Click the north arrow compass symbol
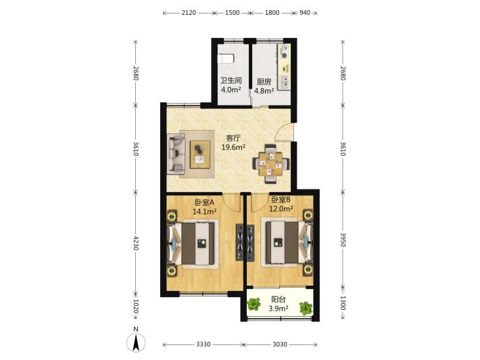136,342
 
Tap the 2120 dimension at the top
189,13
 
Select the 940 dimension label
305,13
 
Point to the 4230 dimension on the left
136,243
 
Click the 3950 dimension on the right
343,240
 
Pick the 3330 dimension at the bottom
203,344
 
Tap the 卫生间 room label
231,81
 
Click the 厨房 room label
264,82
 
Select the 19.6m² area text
233,148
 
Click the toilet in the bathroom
226,58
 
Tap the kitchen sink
285,82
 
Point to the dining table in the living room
271,164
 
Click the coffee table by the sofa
200,154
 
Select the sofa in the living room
176,154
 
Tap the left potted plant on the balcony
254,304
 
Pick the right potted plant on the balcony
306,308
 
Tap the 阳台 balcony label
279,299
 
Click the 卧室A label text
204,202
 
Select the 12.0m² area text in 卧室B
281,209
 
